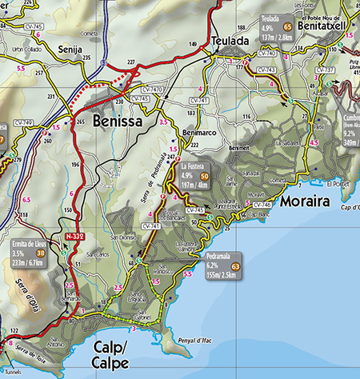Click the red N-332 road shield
click(x=75, y=237)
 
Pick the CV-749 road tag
click(x=23, y=123)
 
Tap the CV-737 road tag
click(x=326, y=70)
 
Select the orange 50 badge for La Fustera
click(x=205, y=175)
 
